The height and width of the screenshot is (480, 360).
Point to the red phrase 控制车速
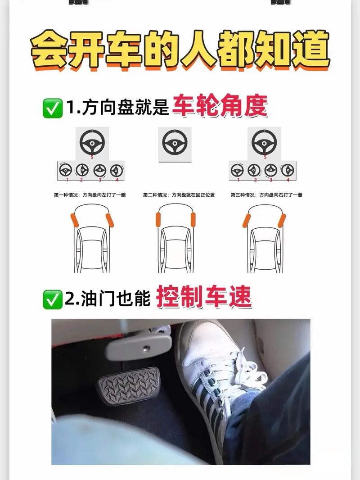coord(204,298)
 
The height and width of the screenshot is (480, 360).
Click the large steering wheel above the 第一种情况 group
coord(92,143)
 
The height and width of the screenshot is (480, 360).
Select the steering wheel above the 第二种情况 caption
coord(175,143)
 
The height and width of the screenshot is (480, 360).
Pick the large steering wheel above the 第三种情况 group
coord(265,143)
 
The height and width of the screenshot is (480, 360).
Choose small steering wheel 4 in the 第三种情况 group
coord(288,170)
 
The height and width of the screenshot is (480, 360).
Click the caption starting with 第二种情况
coord(179,195)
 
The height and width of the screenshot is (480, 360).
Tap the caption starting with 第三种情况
coord(266,195)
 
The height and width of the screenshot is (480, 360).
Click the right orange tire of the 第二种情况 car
coord(193,219)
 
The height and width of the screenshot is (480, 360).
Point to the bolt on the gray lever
coord(146,348)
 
